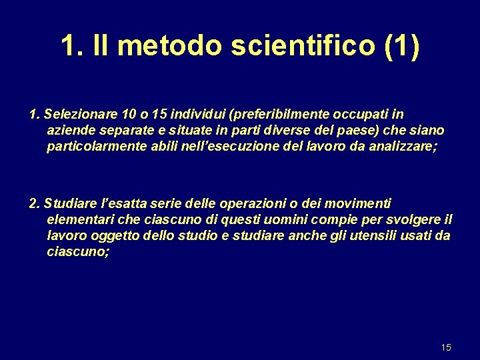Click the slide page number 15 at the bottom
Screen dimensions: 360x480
[x=446, y=347]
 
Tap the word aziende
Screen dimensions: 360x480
[x=71, y=130]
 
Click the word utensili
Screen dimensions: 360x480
[x=371, y=235]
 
